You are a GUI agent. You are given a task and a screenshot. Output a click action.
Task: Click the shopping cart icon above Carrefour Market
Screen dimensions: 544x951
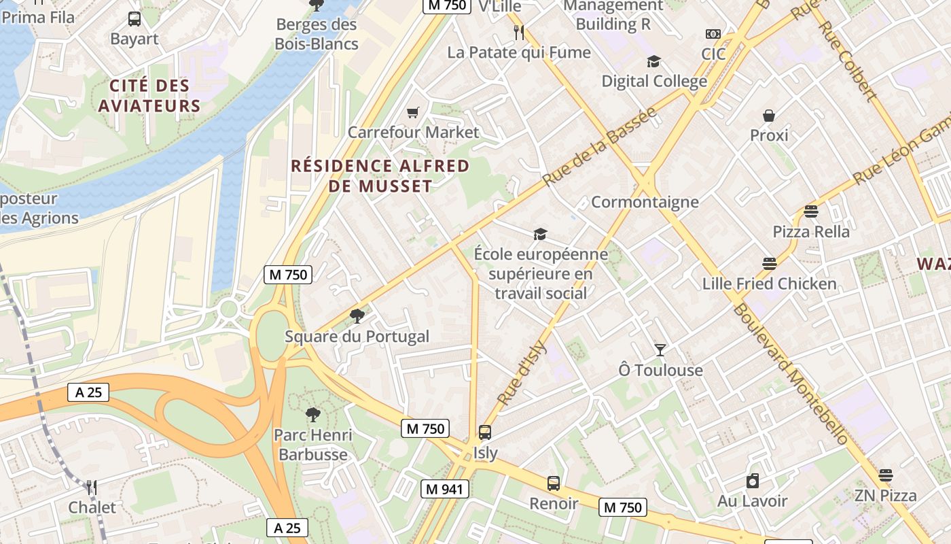tap(412, 112)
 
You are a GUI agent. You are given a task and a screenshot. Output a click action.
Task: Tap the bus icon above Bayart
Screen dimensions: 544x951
tap(134, 19)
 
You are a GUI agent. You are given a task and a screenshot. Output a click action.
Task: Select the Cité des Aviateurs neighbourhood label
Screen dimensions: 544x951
tap(149, 96)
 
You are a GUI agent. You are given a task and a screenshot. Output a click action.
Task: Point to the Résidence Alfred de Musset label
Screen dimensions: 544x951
tap(380, 176)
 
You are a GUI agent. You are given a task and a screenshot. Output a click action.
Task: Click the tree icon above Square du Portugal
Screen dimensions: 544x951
tap(357, 316)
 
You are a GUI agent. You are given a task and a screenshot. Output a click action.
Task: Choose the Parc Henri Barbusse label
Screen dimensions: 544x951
tap(313, 445)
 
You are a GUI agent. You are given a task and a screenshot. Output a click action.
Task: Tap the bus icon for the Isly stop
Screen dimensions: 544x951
tap(485, 432)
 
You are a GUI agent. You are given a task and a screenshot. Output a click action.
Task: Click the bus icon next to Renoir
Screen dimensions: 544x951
tap(554, 483)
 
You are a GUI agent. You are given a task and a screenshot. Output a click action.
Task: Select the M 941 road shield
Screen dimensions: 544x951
tap(444, 489)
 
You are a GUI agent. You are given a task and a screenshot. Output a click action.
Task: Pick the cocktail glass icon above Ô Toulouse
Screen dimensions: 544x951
tap(660, 350)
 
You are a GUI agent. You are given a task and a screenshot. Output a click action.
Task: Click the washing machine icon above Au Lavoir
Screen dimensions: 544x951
tap(752, 481)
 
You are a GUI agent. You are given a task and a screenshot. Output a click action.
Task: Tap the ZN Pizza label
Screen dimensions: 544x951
tap(885, 496)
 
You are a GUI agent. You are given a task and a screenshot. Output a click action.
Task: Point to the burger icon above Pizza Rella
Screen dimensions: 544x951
tap(810, 211)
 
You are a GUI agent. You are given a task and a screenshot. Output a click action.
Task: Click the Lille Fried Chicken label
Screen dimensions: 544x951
tap(770, 284)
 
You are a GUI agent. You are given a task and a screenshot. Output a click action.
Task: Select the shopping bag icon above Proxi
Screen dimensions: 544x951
tap(769, 116)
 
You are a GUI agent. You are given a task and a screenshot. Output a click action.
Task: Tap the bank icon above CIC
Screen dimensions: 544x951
tap(713, 34)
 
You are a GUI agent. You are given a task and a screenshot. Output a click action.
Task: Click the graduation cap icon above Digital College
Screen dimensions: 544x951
tap(653, 62)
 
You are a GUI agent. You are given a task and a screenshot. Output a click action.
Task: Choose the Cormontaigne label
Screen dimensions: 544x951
tap(645, 202)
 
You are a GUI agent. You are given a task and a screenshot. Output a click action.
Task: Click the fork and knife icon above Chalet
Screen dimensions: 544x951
tap(92, 487)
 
